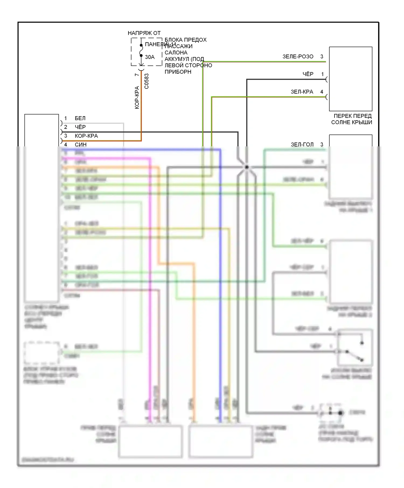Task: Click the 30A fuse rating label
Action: (150, 57)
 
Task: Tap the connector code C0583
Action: (147, 81)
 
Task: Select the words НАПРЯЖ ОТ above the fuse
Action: (144, 33)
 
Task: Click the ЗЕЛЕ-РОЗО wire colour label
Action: (298, 56)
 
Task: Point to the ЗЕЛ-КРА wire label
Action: (302, 92)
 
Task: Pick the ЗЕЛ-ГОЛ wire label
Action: (302, 144)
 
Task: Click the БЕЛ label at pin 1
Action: (80, 118)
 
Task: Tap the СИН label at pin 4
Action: (81, 144)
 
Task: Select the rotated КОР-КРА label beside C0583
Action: (137, 97)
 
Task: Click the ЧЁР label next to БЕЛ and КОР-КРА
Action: (80, 127)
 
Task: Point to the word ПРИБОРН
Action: (178, 72)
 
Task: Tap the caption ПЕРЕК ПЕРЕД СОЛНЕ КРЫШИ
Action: (352, 119)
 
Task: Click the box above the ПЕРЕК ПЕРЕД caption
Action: (351, 79)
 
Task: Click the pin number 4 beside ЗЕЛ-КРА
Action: (322, 92)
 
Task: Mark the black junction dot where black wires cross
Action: (246, 167)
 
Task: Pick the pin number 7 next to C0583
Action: (137, 75)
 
